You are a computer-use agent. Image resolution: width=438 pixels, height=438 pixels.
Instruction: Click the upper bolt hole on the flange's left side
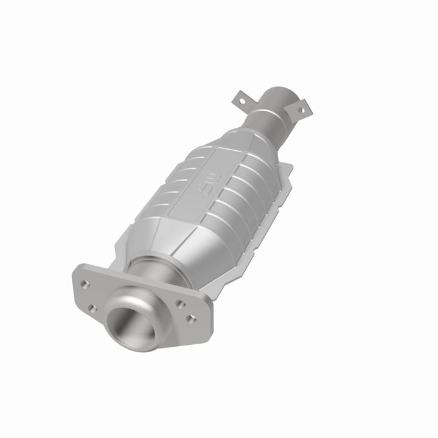(x=85, y=284)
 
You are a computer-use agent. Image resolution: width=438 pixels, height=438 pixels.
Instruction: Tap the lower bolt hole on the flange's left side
(x=91, y=308)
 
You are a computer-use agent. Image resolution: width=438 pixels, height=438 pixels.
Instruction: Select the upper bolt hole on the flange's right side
(x=180, y=302)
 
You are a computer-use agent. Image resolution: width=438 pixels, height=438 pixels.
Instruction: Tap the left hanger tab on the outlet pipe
(x=240, y=99)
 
